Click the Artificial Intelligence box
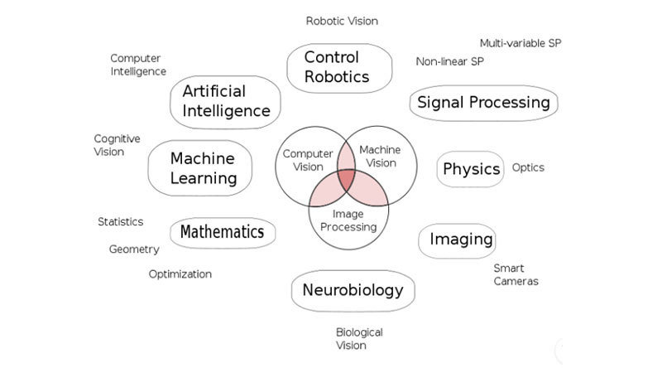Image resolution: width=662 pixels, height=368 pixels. pos(226,100)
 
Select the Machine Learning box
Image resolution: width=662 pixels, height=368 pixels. pos(204,167)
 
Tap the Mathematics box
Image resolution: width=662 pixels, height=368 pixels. pos(222,232)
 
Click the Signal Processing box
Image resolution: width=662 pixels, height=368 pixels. pos(484,103)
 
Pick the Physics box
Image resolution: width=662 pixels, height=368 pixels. pos(471,169)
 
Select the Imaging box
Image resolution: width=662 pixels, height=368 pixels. pos(461,240)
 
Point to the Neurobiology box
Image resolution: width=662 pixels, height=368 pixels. pos(353,290)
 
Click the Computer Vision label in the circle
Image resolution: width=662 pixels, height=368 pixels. pos(307,160)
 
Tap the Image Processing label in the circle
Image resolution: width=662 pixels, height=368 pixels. pos(348,220)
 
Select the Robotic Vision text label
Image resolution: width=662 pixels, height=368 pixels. pos(342,21)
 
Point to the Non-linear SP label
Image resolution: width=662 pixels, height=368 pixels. pos(450,61)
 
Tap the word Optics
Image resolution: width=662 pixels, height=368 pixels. pos(528,167)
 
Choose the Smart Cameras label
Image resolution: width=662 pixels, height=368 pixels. pos(516,274)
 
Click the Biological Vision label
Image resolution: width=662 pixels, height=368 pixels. pos(359,338)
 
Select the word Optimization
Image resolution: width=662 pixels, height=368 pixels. pos(180,274)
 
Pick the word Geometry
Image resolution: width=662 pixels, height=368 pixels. pos(134,249)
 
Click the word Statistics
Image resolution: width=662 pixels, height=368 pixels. pos(121,222)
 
